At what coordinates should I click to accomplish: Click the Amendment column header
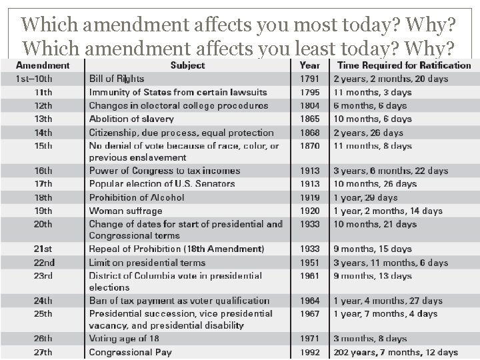(42, 65)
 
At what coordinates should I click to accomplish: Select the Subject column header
(187, 65)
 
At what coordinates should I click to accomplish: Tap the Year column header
(309, 65)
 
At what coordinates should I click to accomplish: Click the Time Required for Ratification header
(404, 65)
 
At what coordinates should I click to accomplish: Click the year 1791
(309, 79)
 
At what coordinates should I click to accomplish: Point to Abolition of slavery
(131, 119)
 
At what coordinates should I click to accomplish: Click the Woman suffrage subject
(125, 211)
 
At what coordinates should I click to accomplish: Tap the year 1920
(309, 211)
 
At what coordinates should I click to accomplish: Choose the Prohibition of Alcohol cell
(137, 197)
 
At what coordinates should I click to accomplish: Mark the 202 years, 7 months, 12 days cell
(396, 352)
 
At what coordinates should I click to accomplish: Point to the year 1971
(309, 339)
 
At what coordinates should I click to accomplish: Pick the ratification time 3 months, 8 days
(370, 339)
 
